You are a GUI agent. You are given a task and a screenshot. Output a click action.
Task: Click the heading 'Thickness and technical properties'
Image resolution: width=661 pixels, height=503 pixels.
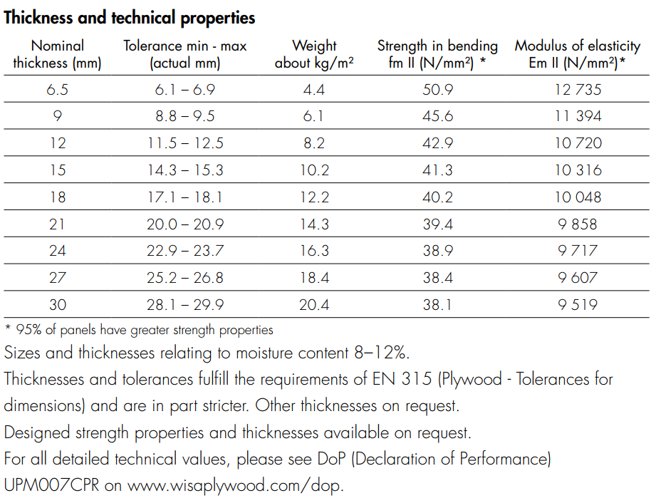[130, 18]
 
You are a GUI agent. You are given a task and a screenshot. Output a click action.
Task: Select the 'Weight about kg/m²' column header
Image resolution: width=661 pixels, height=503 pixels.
[314, 54]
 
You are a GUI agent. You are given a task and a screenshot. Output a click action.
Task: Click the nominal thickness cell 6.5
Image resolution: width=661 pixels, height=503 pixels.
[58, 89]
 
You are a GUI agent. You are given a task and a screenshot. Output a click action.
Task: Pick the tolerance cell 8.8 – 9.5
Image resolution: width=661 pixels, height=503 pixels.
[185, 116]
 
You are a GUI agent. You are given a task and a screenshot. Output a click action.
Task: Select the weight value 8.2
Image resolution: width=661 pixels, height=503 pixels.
[314, 143]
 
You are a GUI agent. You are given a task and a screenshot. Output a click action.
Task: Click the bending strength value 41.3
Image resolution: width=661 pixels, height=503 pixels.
[437, 170]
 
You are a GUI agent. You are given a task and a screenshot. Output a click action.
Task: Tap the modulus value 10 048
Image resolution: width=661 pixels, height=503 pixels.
[578, 197]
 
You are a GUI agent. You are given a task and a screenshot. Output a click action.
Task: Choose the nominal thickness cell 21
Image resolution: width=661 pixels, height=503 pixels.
[58, 224]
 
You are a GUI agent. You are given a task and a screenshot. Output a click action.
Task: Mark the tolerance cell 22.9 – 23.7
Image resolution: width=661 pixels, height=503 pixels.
[185, 251]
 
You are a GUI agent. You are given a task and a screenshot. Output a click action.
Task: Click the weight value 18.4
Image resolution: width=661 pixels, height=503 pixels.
[314, 278]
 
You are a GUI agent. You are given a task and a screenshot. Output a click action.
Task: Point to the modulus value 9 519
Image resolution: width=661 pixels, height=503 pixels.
[578, 305]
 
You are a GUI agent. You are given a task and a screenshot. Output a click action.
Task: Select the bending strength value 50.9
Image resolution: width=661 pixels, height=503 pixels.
[437, 89]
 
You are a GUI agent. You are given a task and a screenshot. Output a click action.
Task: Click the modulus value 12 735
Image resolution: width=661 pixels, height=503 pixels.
[578, 89]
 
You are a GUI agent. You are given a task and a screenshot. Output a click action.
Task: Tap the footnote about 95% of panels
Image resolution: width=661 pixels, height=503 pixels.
[139, 330]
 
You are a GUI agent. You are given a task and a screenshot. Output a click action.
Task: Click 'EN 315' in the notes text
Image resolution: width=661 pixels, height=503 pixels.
[400, 378]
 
